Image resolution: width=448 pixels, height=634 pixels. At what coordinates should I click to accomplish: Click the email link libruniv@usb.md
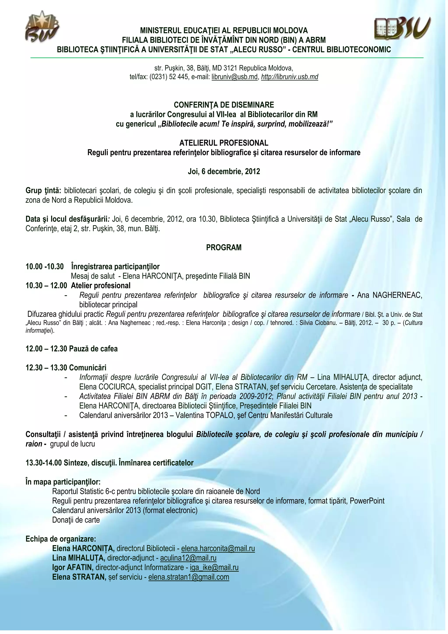(x=234, y=77)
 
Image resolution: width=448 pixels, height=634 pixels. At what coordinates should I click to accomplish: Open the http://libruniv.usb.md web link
(x=289, y=77)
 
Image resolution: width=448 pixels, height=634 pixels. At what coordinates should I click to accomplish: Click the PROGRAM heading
(x=224, y=247)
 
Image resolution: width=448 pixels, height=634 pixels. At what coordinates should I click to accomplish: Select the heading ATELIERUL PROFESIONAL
(x=224, y=143)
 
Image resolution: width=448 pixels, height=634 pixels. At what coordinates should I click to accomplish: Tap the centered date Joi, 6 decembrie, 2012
(x=224, y=171)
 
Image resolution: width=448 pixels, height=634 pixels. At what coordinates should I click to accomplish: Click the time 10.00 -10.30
(x=44, y=266)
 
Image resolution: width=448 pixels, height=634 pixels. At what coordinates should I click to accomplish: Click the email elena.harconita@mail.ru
(x=218, y=548)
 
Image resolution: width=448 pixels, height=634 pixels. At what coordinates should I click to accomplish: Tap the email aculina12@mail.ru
(x=188, y=558)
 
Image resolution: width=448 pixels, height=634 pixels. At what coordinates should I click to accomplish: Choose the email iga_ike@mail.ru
(x=214, y=567)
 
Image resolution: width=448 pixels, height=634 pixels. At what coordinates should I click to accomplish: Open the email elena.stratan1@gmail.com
(x=189, y=577)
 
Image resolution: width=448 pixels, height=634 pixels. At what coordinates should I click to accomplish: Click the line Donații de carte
(x=76, y=520)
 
